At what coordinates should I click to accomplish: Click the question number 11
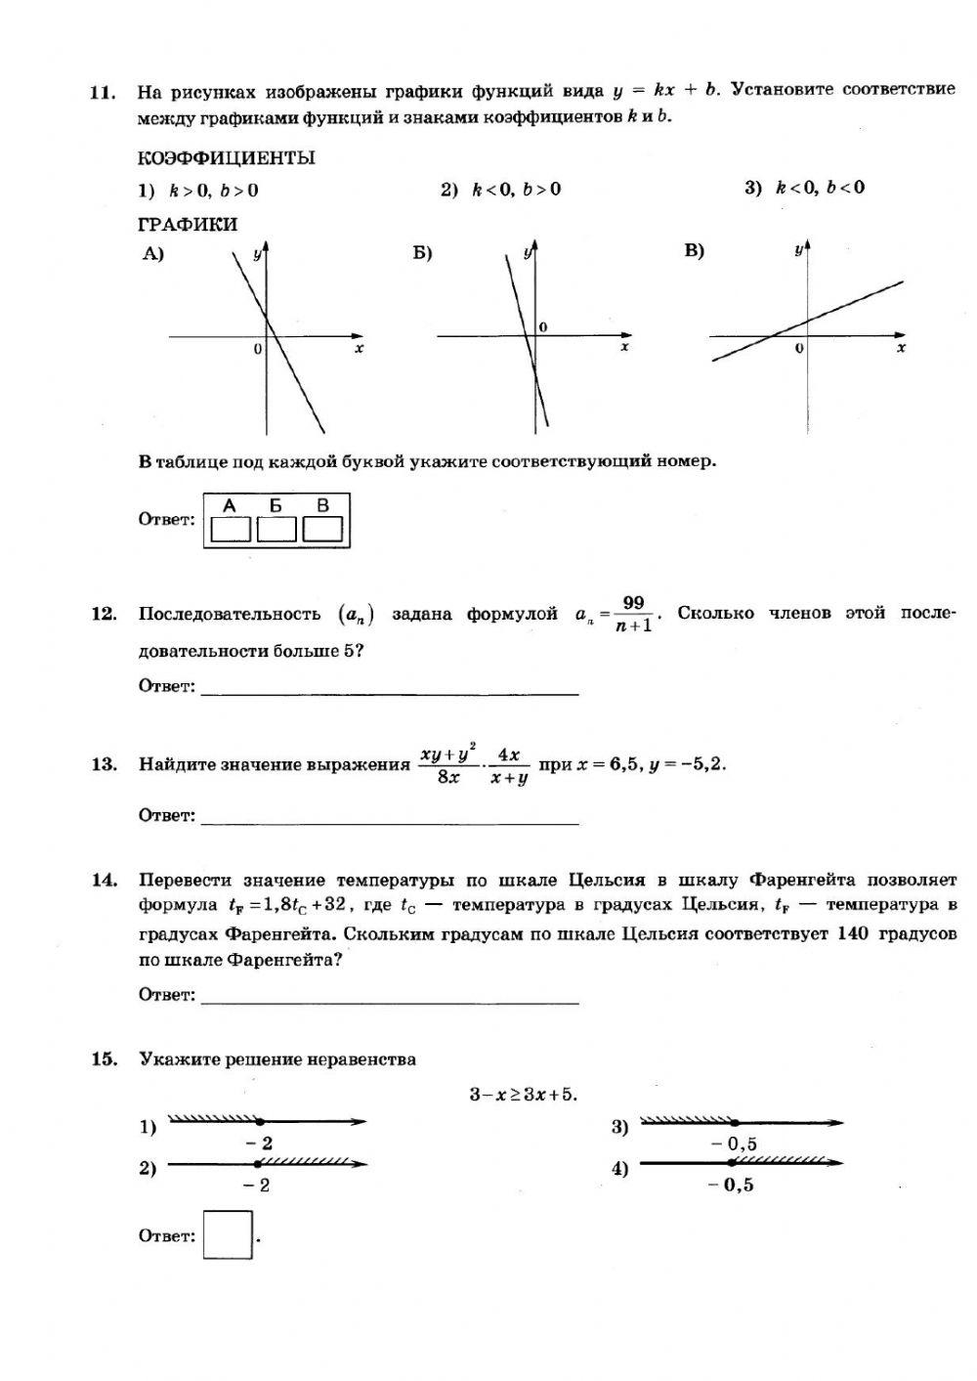(102, 93)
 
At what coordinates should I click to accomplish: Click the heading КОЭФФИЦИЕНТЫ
(226, 157)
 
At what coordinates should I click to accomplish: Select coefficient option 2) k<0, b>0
(500, 190)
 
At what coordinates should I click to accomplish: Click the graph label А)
(152, 254)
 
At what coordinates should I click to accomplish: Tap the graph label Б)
(422, 254)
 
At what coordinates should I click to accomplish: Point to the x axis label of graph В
(901, 348)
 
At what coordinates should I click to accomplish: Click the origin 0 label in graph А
(257, 349)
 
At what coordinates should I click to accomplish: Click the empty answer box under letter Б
(276, 529)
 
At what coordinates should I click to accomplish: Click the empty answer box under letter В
(322, 529)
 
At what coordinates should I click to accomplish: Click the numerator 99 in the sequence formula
(633, 603)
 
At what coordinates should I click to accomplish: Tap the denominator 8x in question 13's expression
(447, 778)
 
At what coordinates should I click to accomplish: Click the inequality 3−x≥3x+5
(524, 1095)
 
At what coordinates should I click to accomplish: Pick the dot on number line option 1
(260, 1122)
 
